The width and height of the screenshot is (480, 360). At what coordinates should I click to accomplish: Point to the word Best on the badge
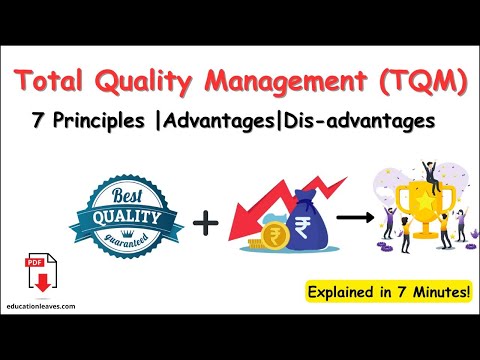point(127,196)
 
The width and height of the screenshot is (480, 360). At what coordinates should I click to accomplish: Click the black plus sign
point(206,221)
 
